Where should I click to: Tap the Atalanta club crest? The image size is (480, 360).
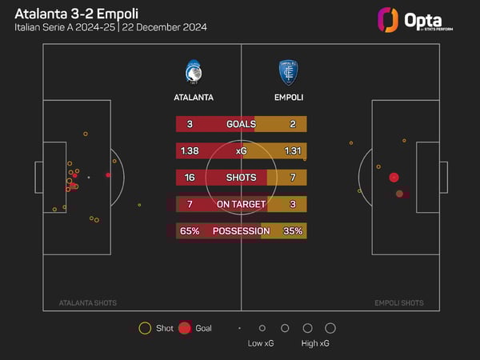(x=194, y=72)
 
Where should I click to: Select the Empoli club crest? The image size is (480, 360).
(x=288, y=72)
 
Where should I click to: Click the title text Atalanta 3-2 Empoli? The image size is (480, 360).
(x=70, y=13)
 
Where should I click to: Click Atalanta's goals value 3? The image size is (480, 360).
(x=190, y=124)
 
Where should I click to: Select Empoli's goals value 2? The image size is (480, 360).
(x=293, y=124)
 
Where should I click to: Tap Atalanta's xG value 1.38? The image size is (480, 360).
(x=190, y=150)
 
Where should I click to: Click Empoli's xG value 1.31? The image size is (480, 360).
(x=291, y=150)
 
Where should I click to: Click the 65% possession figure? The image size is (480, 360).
(x=190, y=230)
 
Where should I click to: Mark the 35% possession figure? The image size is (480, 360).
(x=290, y=230)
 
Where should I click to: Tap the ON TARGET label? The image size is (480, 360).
(x=241, y=204)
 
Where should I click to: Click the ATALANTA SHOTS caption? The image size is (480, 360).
(x=88, y=303)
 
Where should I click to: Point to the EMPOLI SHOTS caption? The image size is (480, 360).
(x=399, y=303)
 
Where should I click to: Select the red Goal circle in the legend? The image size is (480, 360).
(x=185, y=328)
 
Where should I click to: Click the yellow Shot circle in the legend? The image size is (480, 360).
(x=145, y=328)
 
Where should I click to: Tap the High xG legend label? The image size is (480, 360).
(x=315, y=343)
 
